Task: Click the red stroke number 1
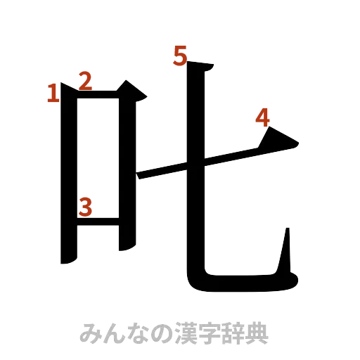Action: coord(52,94)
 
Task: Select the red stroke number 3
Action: coord(86,207)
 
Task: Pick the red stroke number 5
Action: coord(181,56)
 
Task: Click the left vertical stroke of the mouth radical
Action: coord(67,176)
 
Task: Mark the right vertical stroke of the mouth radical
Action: coord(127,169)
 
